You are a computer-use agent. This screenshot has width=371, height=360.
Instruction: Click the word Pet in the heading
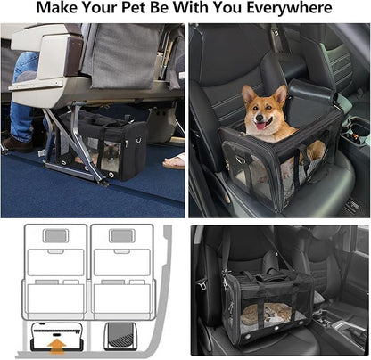click(x=135, y=8)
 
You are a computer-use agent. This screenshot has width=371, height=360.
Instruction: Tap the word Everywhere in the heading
click(x=289, y=8)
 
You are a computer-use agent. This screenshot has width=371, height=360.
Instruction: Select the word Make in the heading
click(x=57, y=8)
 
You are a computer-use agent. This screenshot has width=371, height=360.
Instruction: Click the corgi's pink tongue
click(x=262, y=126)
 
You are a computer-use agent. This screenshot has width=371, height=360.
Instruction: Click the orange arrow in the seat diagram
click(x=57, y=347)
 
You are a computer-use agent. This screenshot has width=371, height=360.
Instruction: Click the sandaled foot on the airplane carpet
click(x=174, y=162)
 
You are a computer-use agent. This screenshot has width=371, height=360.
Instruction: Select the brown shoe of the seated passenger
click(x=18, y=144)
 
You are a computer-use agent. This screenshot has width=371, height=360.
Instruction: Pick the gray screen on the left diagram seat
click(x=56, y=236)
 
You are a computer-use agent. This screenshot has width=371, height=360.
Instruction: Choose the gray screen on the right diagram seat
click(x=122, y=236)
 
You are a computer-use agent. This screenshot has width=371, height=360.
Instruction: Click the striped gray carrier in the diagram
click(x=119, y=336)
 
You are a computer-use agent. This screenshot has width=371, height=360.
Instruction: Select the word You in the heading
click(x=227, y=8)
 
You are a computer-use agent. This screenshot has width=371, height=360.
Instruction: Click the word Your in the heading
click(x=100, y=8)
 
